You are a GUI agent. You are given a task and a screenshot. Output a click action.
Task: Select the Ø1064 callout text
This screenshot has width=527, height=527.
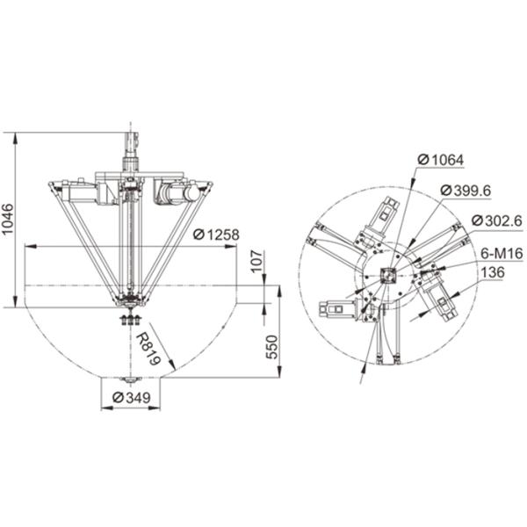pos(441,160)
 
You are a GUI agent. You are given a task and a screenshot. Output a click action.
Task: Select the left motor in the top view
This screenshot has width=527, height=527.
pos(336,308)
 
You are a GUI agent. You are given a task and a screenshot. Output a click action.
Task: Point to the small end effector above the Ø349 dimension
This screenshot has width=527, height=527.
pos(130,378)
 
